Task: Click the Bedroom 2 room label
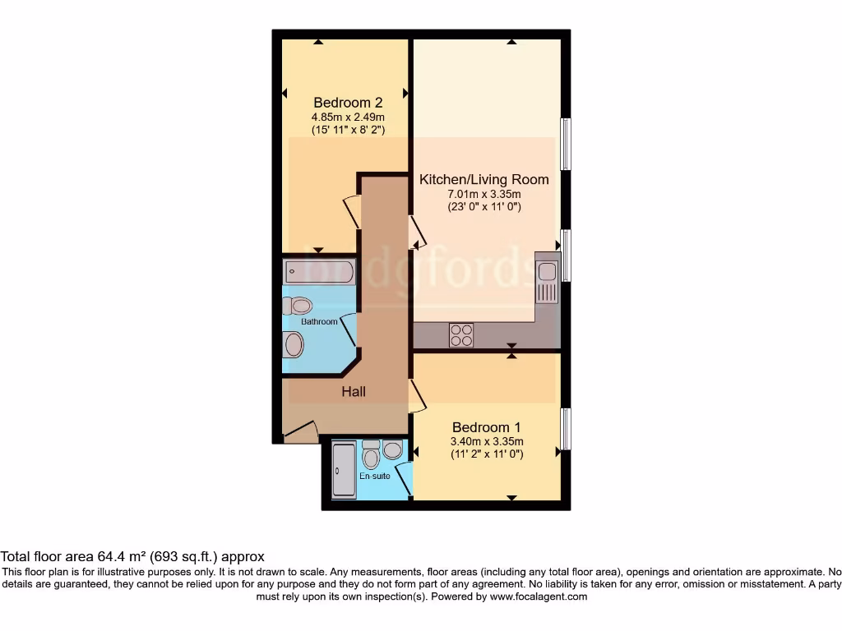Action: pyautogui.click(x=348, y=103)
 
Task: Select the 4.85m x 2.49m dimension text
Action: pyautogui.click(x=348, y=117)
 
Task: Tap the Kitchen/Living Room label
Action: pyautogui.click(x=484, y=179)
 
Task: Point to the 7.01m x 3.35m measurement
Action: pyautogui.click(x=484, y=194)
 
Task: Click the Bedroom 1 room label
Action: pyautogui.click(x=487, y=427)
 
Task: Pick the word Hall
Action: pyautogui.click(x=354, y=392)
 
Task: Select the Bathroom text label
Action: pyautogui.click(x=319, y=322)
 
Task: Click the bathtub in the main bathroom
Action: pyautogui.click(x=319, y=271)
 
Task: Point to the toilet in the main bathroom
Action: pyautogui.click(x=297, y=306)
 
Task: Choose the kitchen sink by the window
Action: pyautogui.click(x=547, y=271)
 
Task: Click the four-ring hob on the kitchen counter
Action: pyautogui.click(x=461, y=335)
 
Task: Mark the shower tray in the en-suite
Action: pyautogui.click(x=344, y=470)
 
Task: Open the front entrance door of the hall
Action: pyautogui.click(x=301, y=431)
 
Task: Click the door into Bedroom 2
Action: pyautogui.click(x=352, y=212)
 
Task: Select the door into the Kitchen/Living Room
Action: pyautogui.click(x=418, y=232)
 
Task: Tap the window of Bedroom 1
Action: pyautogui.click(x=566, y=429)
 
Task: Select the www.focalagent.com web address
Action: pyautogui.click(x=538, y=596)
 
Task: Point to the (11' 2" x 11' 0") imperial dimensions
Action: pyautogui.click(x=487, y=454)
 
